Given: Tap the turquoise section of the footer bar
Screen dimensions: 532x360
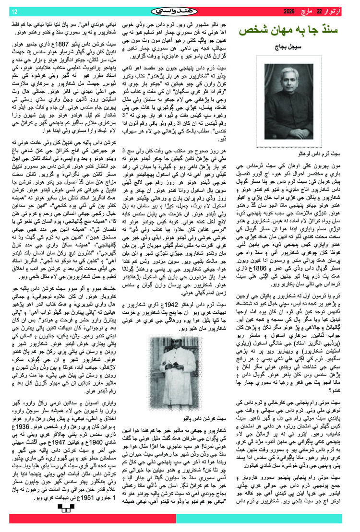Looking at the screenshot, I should (x=264, y=519).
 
